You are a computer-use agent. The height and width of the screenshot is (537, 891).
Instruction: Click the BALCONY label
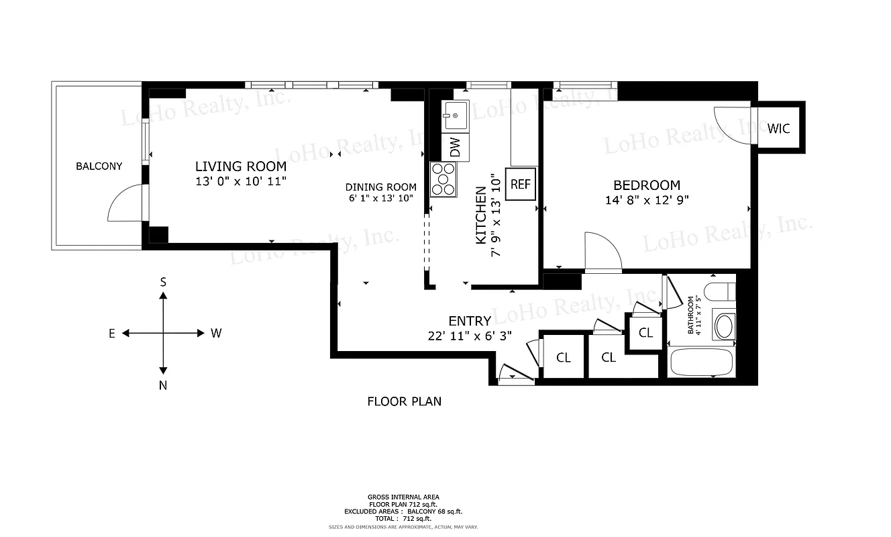click(x=99, y=166)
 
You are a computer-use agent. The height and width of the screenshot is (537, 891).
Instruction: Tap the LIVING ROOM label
click(x=240, y=166)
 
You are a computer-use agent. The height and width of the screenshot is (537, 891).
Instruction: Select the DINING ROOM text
click(x=380, y=187)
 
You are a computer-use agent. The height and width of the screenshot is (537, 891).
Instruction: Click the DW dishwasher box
click(x=455, y=148)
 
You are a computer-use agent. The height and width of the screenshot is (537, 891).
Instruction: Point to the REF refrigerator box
click(x=521, y=185)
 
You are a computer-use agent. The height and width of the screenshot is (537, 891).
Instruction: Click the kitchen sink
click(x=456, y=116)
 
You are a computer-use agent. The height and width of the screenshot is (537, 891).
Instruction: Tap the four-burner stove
click(x=443, y=179)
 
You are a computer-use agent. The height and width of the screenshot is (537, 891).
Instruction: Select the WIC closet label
click(x=779, y=128)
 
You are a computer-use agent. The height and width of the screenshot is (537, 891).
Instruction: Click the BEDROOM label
click(x=647, y=185)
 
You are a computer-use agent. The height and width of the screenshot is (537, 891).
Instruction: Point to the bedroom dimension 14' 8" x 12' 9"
click(x=647, y=199)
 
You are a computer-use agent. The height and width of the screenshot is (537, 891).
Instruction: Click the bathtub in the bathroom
click(x=701, y=362)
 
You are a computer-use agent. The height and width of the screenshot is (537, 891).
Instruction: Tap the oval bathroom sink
click(x=724, y=327)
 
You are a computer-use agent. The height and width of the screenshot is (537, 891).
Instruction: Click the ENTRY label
click(x=470, y=321)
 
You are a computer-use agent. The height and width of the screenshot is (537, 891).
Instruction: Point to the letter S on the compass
click(x=163, y=283)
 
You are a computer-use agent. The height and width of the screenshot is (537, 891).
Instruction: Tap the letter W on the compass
click(x=216, y=333)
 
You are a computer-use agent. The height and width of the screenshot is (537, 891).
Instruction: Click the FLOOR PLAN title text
click(x=404, y=401)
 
